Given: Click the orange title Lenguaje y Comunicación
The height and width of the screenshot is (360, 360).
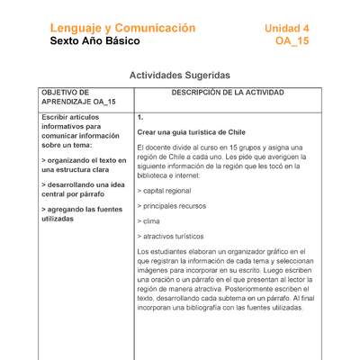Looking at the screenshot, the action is tap(122, 28).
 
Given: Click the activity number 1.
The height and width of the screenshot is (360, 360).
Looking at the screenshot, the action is tap(140, 117).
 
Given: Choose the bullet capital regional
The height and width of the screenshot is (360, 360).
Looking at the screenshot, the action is tap(167, 191).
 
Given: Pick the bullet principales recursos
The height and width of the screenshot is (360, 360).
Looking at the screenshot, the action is tap(174, 205).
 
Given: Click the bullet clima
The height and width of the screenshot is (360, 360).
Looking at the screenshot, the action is tap(149, 220).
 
